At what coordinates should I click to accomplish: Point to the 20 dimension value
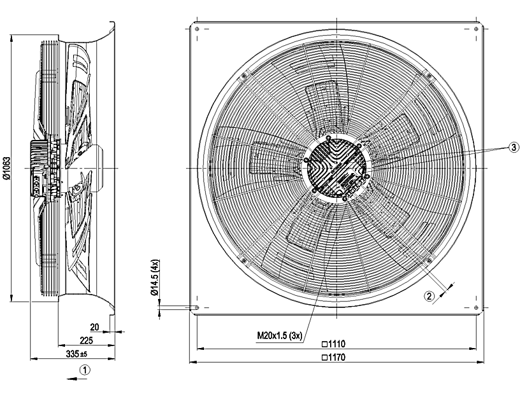tap(95, 327)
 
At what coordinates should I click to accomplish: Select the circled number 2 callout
tap(430, 295)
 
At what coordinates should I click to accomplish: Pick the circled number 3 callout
tap(514, 146)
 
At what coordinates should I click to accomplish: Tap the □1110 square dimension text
tap(335, 344)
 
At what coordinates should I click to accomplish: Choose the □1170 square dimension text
tap(335, 358)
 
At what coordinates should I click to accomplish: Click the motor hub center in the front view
tap(336, 168)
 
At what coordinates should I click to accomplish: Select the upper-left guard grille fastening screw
tap(242, 76)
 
